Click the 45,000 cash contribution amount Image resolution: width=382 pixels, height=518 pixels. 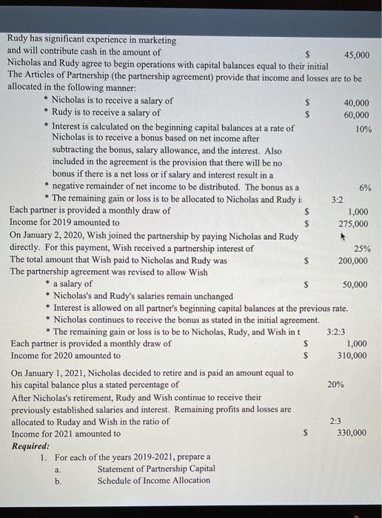point(357,55)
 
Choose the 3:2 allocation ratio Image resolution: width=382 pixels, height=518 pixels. point(337,200)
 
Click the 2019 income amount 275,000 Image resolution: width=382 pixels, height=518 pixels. point(352,223)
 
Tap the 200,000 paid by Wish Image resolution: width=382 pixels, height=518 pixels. point(352,260)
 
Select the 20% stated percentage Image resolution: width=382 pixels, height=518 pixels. point(335,385)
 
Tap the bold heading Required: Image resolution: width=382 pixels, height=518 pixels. point(31,446)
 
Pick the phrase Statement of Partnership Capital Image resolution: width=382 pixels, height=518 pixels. point(156,468)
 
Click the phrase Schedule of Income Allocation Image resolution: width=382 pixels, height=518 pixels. point(153,481)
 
